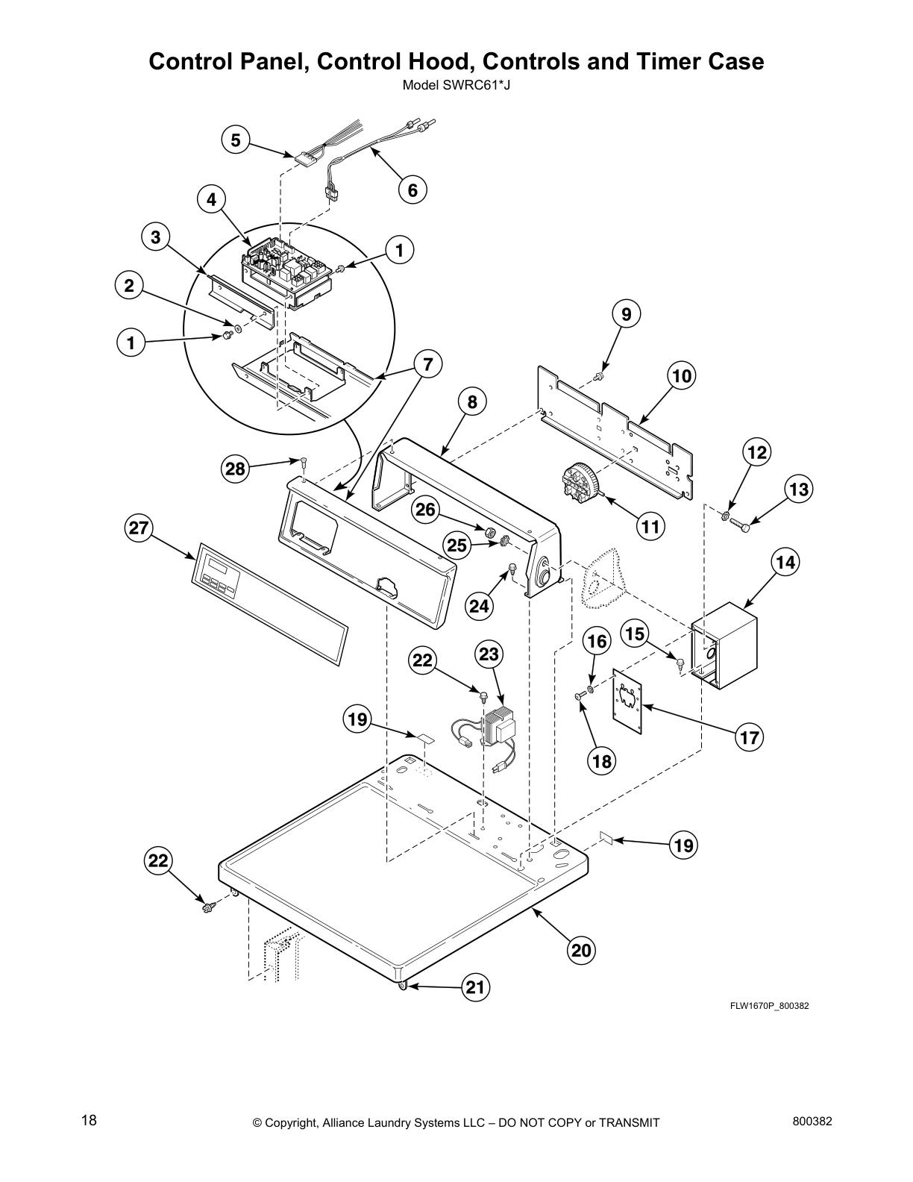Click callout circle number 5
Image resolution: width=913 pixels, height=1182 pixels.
click(236, 140)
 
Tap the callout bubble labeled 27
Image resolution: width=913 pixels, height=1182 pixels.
click(139, 528)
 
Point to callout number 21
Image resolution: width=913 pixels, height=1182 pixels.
click(475, 988)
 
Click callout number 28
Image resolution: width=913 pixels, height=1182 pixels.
click(236, 469)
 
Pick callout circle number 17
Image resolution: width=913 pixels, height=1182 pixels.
click(749, 738)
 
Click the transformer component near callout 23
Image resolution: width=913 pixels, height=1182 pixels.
click(496, 726)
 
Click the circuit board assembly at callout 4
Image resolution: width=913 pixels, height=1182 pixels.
click(287, 272)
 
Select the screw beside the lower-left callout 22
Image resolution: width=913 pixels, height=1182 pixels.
click(208, 907)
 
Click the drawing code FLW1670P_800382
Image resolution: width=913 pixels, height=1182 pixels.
click(769, 1006)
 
